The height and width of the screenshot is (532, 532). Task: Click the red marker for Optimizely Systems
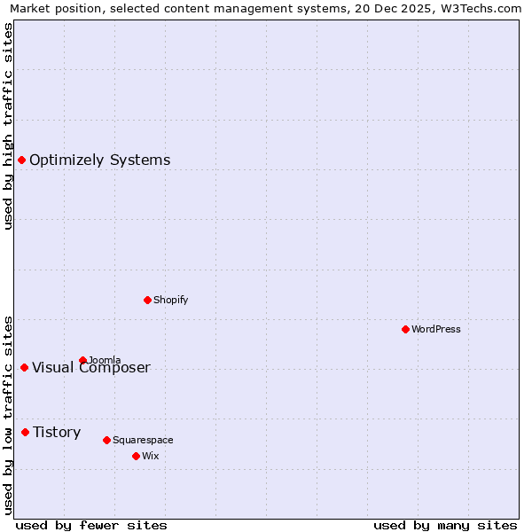(x=21, y=160)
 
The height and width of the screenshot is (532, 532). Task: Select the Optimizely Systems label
(x=99, y=160)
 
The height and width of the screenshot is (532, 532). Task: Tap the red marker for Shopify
(x=147, y=300)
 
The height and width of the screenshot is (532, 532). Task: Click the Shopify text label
(x=170, y=300)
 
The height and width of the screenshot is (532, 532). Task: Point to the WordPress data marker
(x=405, y=329)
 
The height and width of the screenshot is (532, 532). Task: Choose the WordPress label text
(x=435, y=329)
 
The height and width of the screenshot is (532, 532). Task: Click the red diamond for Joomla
(x=82, y=360)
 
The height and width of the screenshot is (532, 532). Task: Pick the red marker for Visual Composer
(x=24, y=367)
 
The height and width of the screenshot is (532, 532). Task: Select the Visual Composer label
(x=91, y=368)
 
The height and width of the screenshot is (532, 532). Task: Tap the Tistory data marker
(x=25, y=432)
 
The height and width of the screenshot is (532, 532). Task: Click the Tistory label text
(x=57, y=433)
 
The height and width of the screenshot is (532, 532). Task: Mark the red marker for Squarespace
(x=106, y=440)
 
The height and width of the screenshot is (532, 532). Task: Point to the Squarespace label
(x=143, y=440)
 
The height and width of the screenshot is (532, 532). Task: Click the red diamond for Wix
(x=136, y=456)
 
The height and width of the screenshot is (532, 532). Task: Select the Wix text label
(x=151, y=456)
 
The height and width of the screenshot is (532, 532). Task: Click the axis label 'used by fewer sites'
(x=91, y=525)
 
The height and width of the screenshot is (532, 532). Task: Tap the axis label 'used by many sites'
(x=445, y=525)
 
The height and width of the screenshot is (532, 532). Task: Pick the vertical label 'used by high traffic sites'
(x=8, y=126)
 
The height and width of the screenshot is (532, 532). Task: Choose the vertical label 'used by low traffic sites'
(x=8, y=415)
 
